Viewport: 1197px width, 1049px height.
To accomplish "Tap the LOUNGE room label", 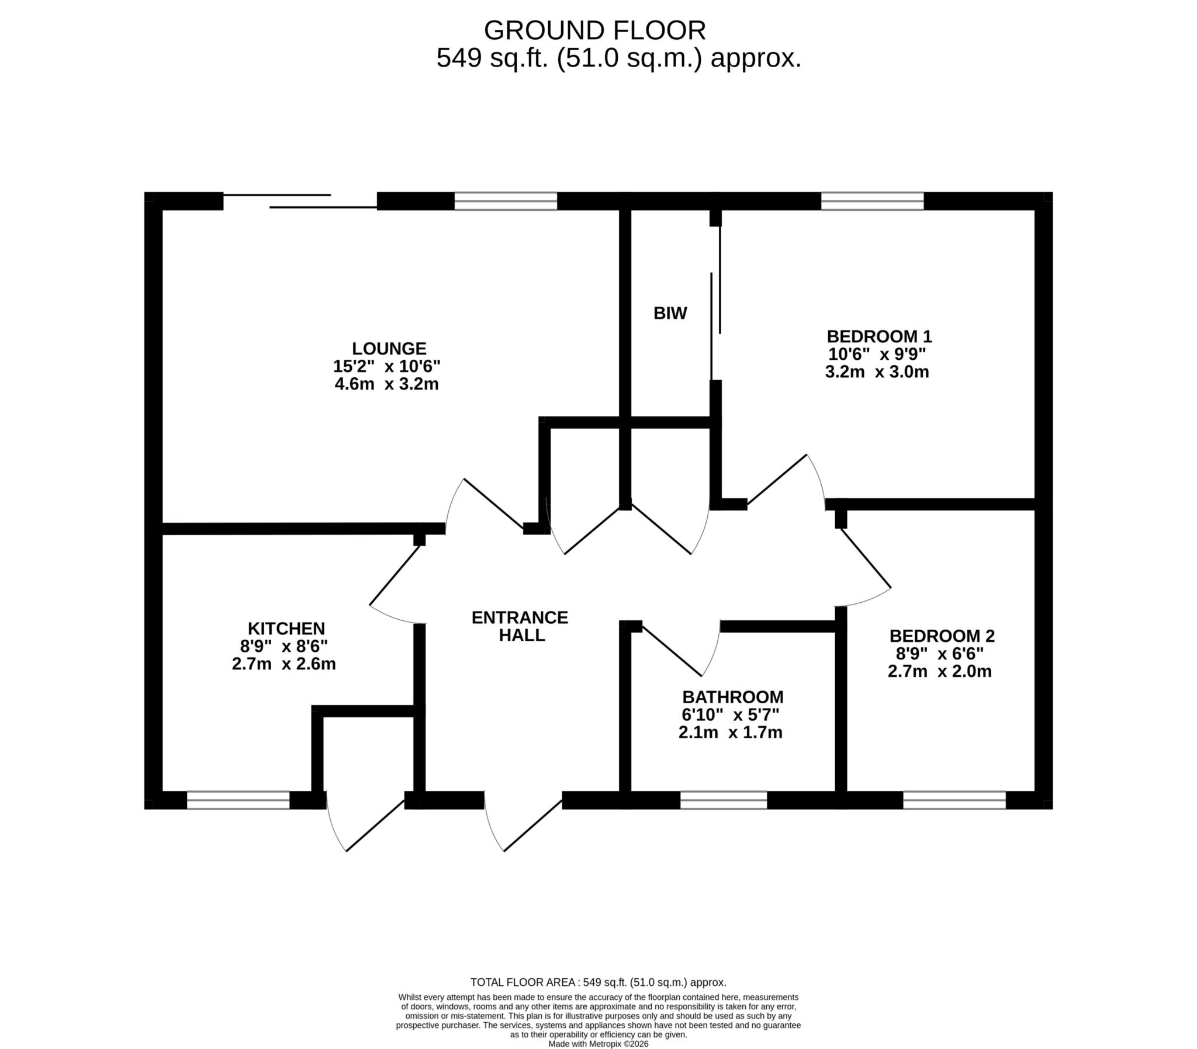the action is click(389, 348).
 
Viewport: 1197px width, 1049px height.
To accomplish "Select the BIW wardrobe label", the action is click(670, 313).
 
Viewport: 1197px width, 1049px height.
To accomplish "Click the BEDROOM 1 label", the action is click(879, 336).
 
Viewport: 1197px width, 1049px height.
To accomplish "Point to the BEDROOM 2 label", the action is click(942, 635).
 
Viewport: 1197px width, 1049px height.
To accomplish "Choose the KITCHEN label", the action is click(286, 628).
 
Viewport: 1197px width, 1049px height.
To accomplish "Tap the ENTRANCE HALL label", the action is click(520, 626).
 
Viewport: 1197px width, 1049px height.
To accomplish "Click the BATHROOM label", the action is click(732, 697).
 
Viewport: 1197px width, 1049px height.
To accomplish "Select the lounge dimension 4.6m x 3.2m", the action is click(386, 384).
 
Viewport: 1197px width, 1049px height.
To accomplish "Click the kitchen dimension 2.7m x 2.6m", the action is click(284, 664).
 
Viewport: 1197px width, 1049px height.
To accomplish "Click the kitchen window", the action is click(238, 800).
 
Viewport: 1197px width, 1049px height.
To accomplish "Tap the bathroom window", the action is click(723, 800).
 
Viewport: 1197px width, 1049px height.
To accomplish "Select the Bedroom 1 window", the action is click(872, 201).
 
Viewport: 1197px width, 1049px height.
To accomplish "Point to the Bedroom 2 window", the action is click(954, 800).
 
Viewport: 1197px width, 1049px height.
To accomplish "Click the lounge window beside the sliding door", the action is click(506, 201).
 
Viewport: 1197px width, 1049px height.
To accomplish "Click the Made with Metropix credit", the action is click(598, 1043).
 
